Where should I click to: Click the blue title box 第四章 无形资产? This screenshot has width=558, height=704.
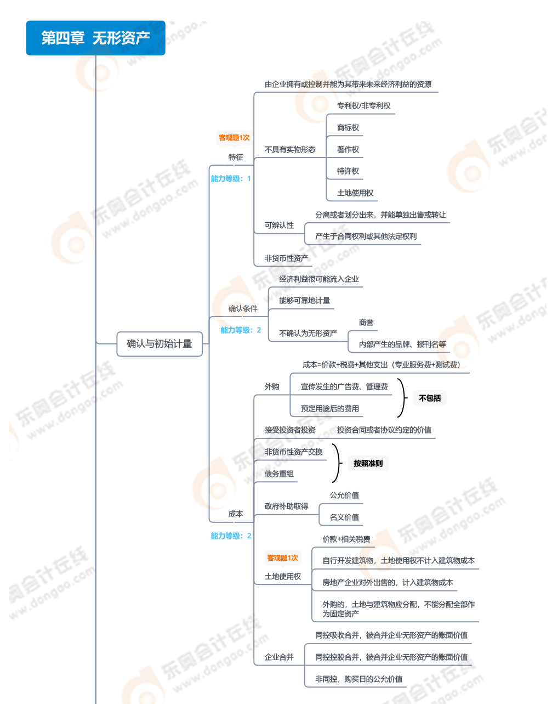click(95, 38)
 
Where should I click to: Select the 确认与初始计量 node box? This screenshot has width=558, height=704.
click(160, 344)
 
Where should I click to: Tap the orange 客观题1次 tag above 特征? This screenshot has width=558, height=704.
click(234, 138)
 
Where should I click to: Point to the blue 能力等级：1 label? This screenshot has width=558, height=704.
click(231, 179)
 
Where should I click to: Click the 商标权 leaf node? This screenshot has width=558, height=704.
click(348, 128)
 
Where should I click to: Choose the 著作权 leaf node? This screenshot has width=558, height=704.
click(348, 149)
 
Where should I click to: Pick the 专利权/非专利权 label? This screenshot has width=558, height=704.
click(363, 106)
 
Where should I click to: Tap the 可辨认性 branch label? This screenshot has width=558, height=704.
click(279, 225)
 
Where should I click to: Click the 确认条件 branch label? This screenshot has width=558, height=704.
click(243, 308)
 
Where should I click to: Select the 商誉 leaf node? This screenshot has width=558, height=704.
click(366, 323)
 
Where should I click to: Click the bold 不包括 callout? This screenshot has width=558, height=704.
click(430, 398)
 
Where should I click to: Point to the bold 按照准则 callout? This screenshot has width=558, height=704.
click(368, 463)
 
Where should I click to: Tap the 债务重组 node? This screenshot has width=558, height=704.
click(279, 474)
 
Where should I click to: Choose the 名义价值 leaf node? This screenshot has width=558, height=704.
click(344, 517)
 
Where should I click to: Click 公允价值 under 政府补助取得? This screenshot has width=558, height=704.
click(344, 495)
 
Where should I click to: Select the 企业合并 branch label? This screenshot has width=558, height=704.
click(279, 657)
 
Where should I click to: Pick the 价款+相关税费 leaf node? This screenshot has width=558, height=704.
click(346, 539)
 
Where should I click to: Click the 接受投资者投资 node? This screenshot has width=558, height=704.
click(290, 430)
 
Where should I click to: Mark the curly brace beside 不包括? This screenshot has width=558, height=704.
click(402, 398)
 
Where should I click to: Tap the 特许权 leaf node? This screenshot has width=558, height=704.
click(348, 171)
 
